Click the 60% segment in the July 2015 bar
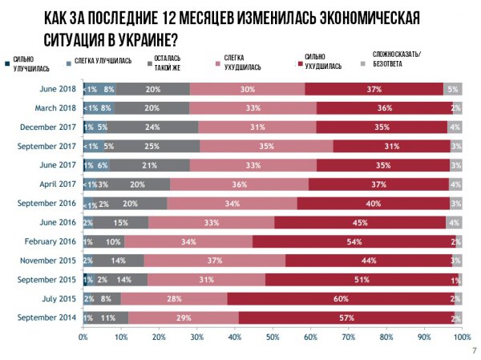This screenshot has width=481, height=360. (341, 298)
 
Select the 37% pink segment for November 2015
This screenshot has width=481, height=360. (215, 261)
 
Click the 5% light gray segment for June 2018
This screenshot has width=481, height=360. (453, 88)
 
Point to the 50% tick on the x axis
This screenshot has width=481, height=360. (273, 338)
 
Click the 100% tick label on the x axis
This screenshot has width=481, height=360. (461, 338)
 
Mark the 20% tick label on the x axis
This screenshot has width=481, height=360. (159, 338)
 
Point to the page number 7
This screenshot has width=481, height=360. (474, 350)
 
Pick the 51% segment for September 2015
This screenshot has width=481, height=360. (362, 279)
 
